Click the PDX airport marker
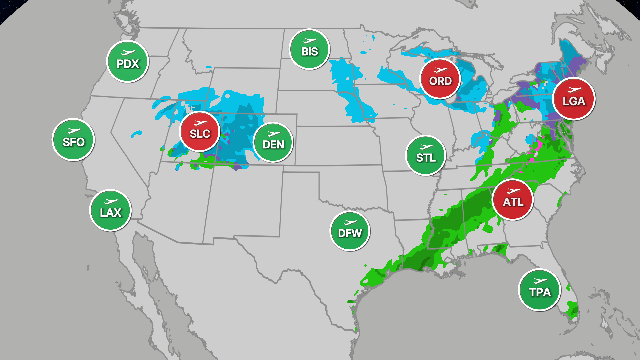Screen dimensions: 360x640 pos(128,61)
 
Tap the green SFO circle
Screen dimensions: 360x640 pos(73,140)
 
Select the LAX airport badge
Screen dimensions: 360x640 pos(110,210)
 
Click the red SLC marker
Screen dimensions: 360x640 pos(200,131)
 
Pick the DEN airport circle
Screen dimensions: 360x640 pos(273,142)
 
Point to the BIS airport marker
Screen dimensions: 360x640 pos(309,49)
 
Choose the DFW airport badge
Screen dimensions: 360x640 pos(350,231)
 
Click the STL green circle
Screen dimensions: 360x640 pos(426,155)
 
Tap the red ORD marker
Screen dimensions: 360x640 pos(440,79)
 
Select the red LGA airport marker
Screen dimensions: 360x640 pos(574,99)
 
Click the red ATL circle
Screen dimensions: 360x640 pos(513,200)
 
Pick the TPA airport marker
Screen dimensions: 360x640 pos(539,290)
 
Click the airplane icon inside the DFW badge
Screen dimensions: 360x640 pos(350,222)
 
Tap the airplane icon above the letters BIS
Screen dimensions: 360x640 pos(310,41)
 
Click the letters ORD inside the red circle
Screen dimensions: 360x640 pos(440,81)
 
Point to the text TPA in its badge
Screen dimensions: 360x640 pos(540,293)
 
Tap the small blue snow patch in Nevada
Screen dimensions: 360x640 pos(136,134)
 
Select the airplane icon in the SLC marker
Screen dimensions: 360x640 pos(200,123)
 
